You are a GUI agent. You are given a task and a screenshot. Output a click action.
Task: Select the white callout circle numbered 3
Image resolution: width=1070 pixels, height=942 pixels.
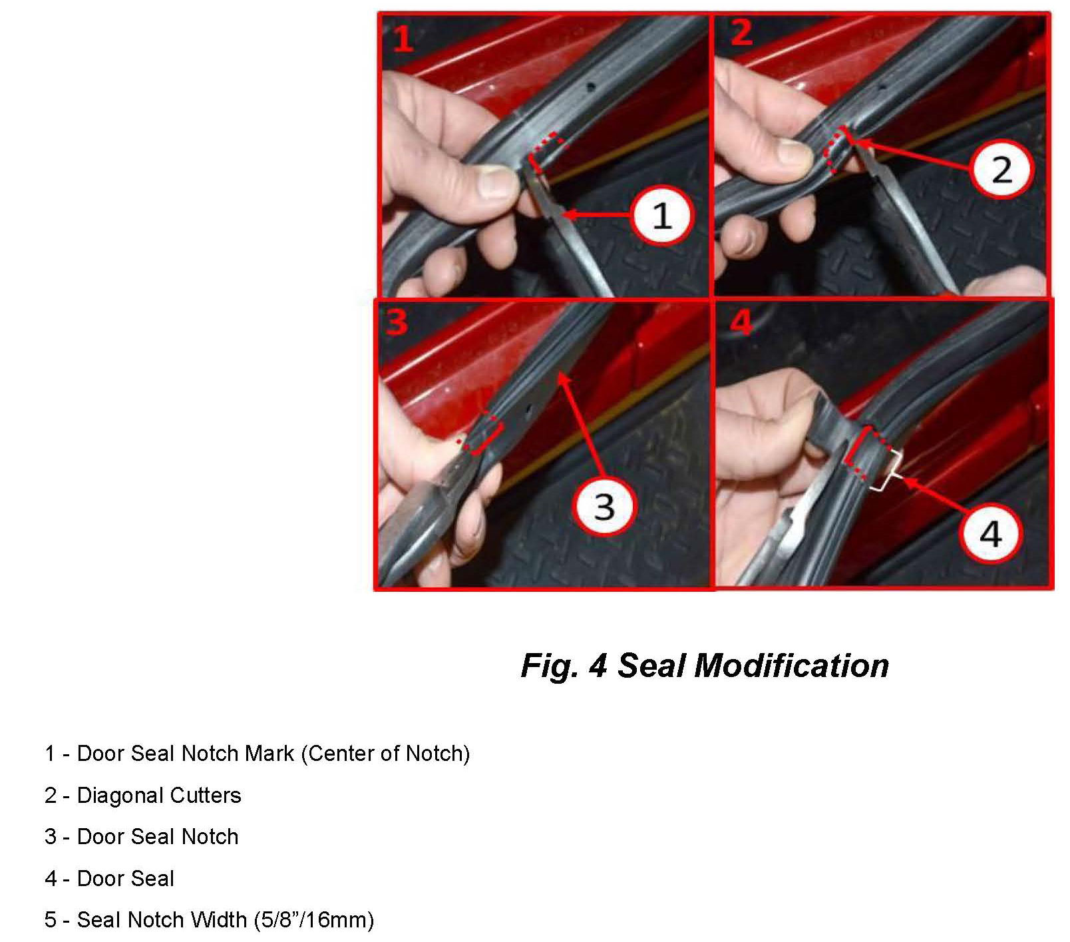click(x=604, y=505)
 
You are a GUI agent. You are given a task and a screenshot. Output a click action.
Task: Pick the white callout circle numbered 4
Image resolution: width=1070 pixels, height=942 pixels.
click(x=990, y=533)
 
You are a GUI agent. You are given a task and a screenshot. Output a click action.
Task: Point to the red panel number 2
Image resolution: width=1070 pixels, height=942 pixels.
click(x=741, y=32)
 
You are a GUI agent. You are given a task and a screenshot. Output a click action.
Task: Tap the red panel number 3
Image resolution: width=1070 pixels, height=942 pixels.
click(x=397, y=322)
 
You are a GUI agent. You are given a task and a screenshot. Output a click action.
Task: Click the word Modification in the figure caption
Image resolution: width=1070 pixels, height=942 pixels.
click(x=791, y=666)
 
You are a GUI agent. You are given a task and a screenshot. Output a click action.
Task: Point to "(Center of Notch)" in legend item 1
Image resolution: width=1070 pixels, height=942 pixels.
click(x=386, y=754)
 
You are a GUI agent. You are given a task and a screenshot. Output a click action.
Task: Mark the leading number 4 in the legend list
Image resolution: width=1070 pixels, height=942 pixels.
click(x=51, y=879)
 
